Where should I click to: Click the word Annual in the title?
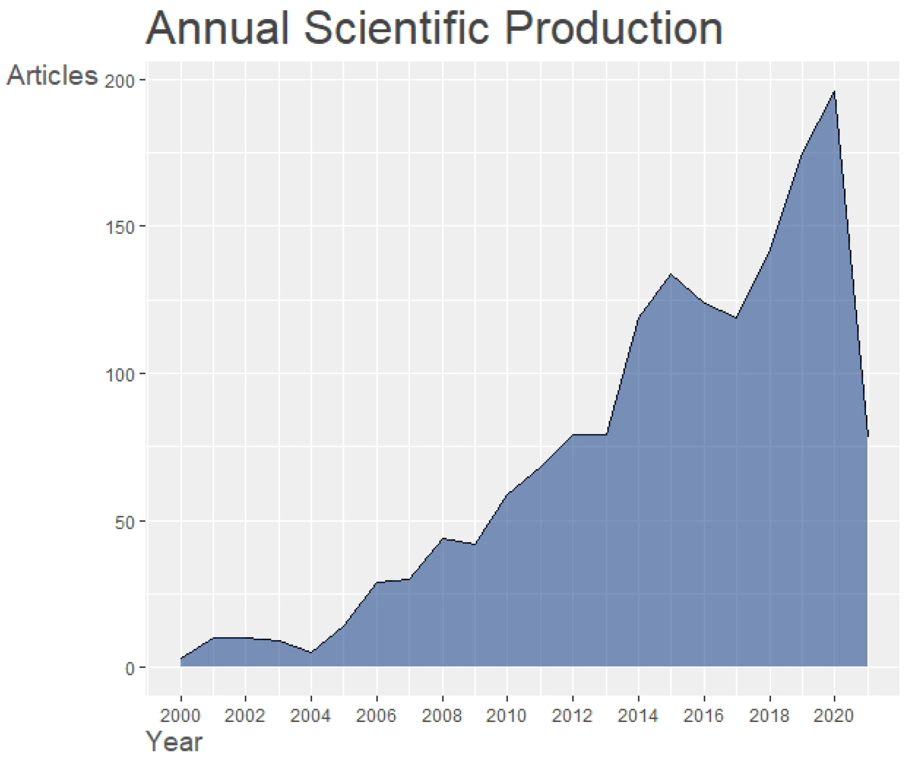tap(217, 29)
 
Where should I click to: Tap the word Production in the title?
tap(613, 29)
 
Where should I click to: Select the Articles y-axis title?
tap(52, 75)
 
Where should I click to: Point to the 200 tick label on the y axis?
tap(120, 81)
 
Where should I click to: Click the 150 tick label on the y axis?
tap(120, 228)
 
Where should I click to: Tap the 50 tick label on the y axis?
tap(124, 522)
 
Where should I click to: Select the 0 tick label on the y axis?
tap(129, 669)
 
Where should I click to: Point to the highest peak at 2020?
tap(834, 92)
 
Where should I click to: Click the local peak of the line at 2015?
tap(671, 274)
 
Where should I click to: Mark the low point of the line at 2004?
tap(311, 653)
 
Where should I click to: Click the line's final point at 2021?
tap(867, 435)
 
